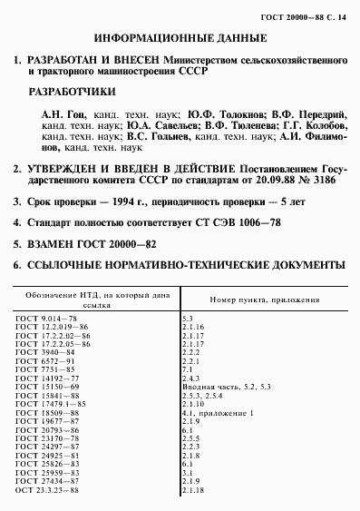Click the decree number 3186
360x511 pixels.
[330, 178]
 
